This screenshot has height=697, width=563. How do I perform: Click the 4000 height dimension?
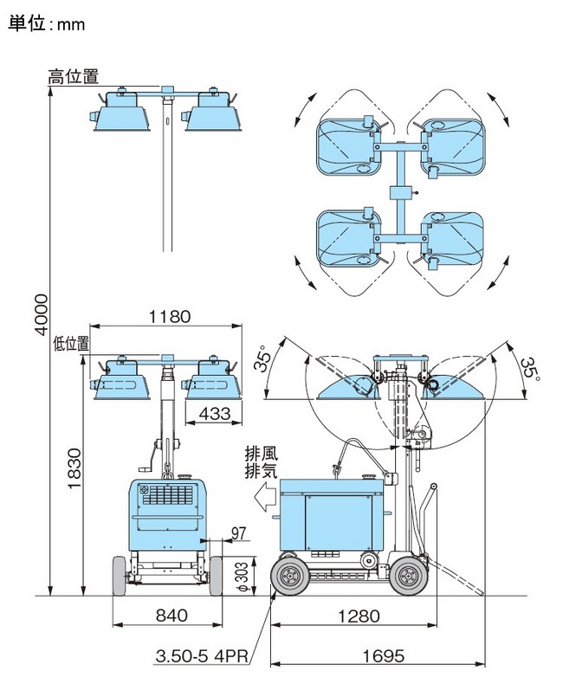pos(42,313)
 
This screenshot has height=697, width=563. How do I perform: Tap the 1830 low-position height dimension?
pos(74,468)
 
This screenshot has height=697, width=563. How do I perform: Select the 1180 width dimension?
pos(170,317)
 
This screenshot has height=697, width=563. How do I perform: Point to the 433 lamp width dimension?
pos(214,413)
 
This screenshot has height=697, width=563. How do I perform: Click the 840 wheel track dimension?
pos(171,616)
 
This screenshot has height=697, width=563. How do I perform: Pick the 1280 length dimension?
pos(359,616)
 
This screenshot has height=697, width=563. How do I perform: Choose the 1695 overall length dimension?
pos(384,655)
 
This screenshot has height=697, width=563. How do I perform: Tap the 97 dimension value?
pos(238,533)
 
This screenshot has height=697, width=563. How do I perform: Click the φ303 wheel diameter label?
pos(242,577)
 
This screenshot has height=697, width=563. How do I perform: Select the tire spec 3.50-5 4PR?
pos(202,656)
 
